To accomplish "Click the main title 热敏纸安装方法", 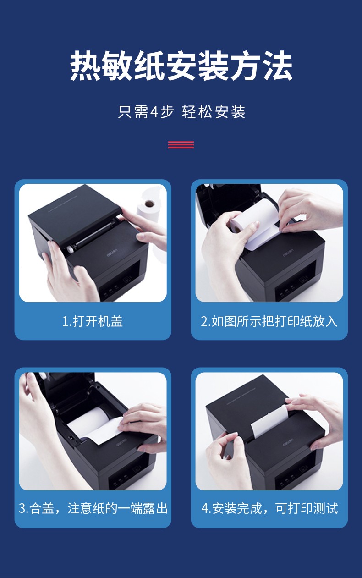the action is click(x=181, y=66).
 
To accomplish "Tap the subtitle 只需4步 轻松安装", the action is click(x=181, y=112).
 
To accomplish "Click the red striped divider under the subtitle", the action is click(x=181, y=144).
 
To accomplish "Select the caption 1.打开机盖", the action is click(x=93, y=321).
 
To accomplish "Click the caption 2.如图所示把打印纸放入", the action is click(x=269, y=321).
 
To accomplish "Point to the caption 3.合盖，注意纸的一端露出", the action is click(x=93, y=508).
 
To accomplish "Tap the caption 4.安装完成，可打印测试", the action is click(x=269, y=508).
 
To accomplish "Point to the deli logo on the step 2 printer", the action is click(x=288, y=253).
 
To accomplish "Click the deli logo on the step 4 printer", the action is click(x=288, y=442).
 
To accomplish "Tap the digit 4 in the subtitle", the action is click(x=154, y=112).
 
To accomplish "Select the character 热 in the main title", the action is click(x=85, y=66).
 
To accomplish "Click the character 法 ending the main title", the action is click(x=278, y=66).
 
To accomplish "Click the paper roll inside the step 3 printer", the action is click(x=88, y=418).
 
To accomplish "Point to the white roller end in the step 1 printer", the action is click(x=69, y=249).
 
